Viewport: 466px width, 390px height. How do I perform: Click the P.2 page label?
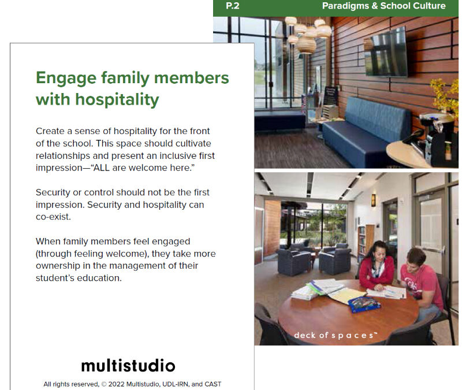(232, 6)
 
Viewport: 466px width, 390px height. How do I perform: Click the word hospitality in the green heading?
(117, 99)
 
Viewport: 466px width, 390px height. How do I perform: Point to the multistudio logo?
(128, 365)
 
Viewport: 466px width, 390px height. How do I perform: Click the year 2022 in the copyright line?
(117, 384)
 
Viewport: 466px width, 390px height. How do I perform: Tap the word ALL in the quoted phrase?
(102, 168)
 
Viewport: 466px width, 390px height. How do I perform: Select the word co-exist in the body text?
(53, 217)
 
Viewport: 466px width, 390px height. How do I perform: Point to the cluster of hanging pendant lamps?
(308, 34)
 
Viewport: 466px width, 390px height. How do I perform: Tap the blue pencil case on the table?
(364, 304)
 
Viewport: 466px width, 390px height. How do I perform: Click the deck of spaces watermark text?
(335, 335)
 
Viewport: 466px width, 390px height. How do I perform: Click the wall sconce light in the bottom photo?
(373, 200)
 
